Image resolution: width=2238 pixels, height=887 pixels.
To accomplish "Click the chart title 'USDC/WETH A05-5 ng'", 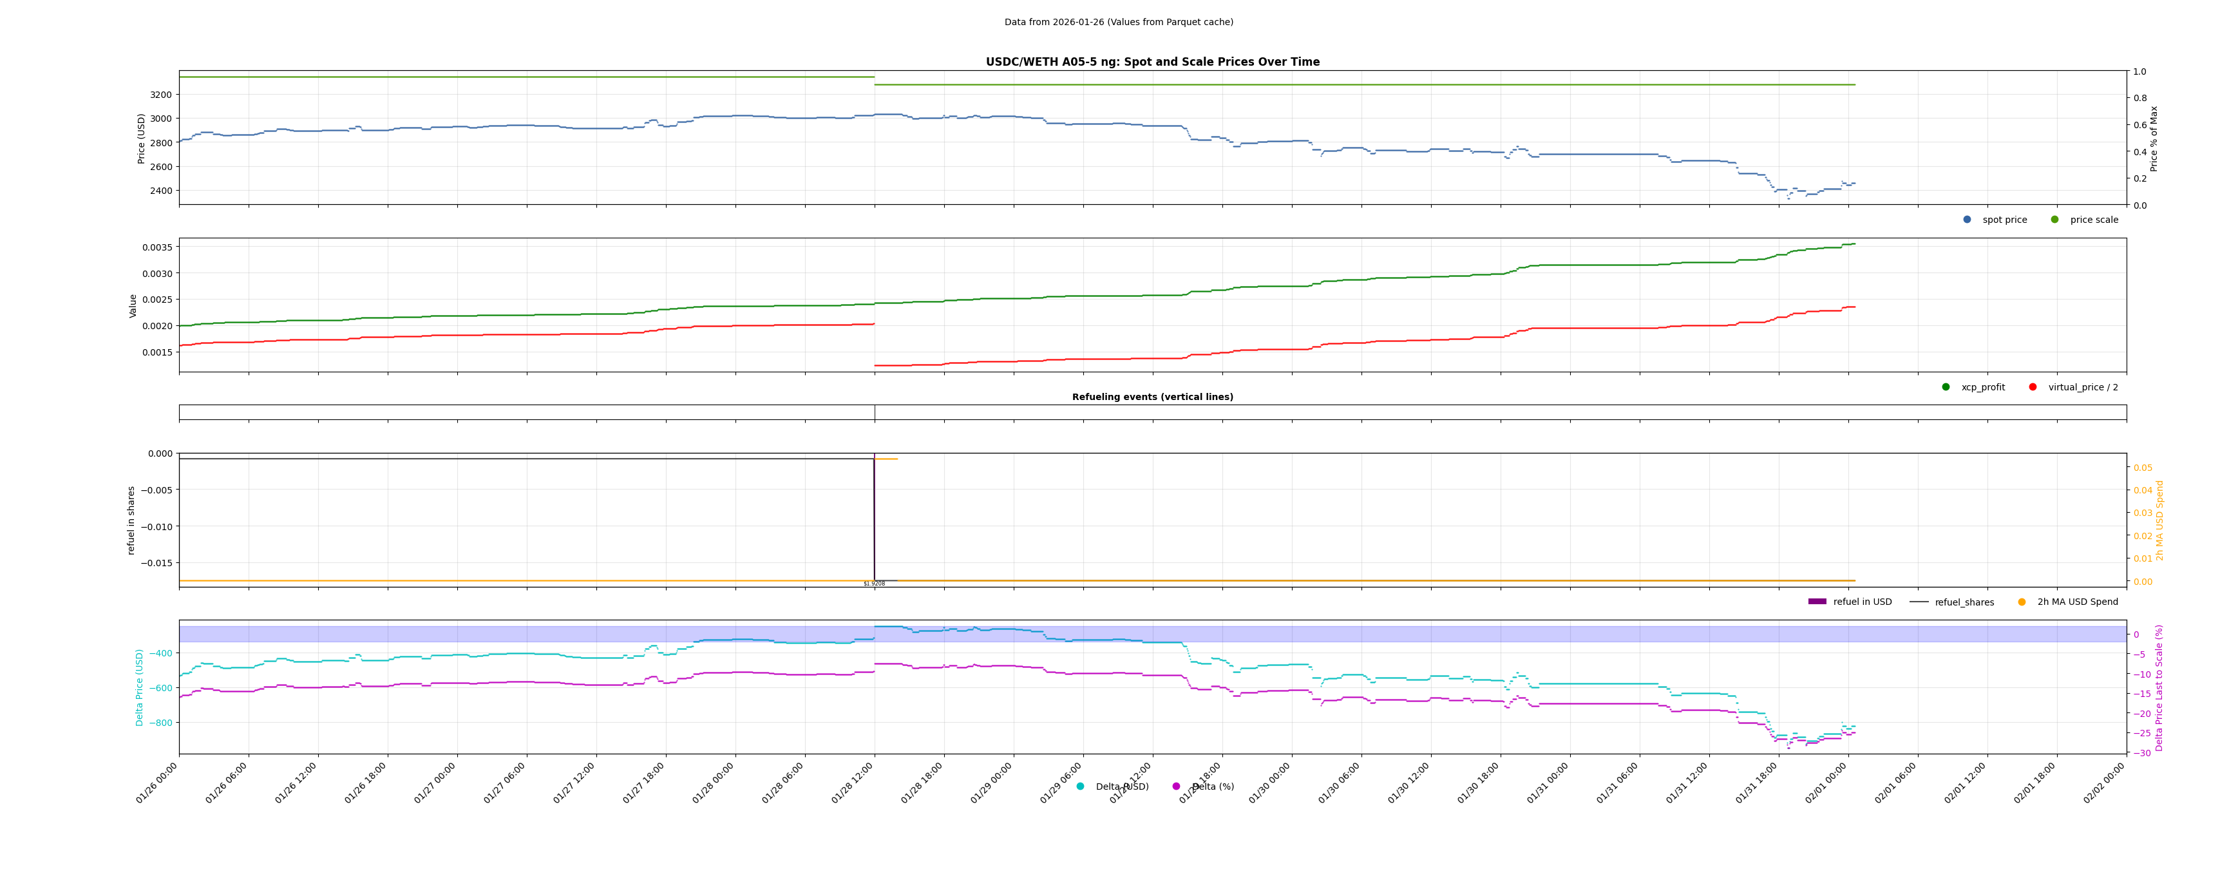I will [x=1152, y=62].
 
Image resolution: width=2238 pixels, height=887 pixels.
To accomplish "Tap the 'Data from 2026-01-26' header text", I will [x=1118, y=23].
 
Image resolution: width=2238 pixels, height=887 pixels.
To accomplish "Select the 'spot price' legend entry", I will [x=2004, y=220].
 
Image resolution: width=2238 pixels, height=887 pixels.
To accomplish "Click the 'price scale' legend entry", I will [x=2093, y=220].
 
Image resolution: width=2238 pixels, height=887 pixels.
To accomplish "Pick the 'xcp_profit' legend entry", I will [x=1982, y=388].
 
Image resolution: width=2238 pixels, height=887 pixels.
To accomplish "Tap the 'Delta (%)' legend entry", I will [x=1212, y=787].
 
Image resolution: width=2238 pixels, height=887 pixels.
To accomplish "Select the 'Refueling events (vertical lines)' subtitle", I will [x=1152, y=397].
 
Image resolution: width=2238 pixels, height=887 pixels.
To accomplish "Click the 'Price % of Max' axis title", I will [x=2154, y=139].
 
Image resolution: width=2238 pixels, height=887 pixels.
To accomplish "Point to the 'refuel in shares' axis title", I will [x=131, y=520].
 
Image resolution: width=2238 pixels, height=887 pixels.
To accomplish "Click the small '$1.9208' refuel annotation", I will [x=874, y=584].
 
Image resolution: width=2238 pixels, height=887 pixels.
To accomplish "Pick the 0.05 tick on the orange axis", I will [x=2143, y=468].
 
